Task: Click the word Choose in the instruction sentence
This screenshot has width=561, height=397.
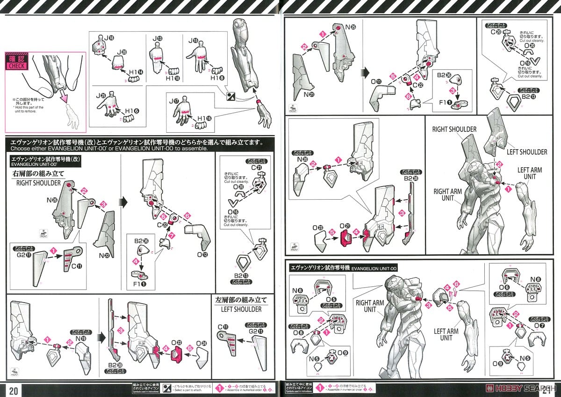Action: point(17,149)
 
